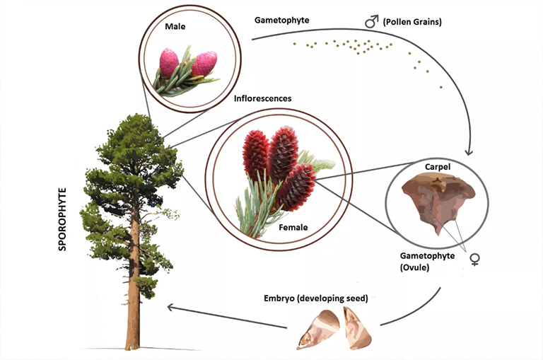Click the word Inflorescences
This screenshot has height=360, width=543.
(262, 98)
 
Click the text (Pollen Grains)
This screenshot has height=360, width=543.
(412, 22)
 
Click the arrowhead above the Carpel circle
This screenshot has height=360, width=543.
(469, 152)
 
